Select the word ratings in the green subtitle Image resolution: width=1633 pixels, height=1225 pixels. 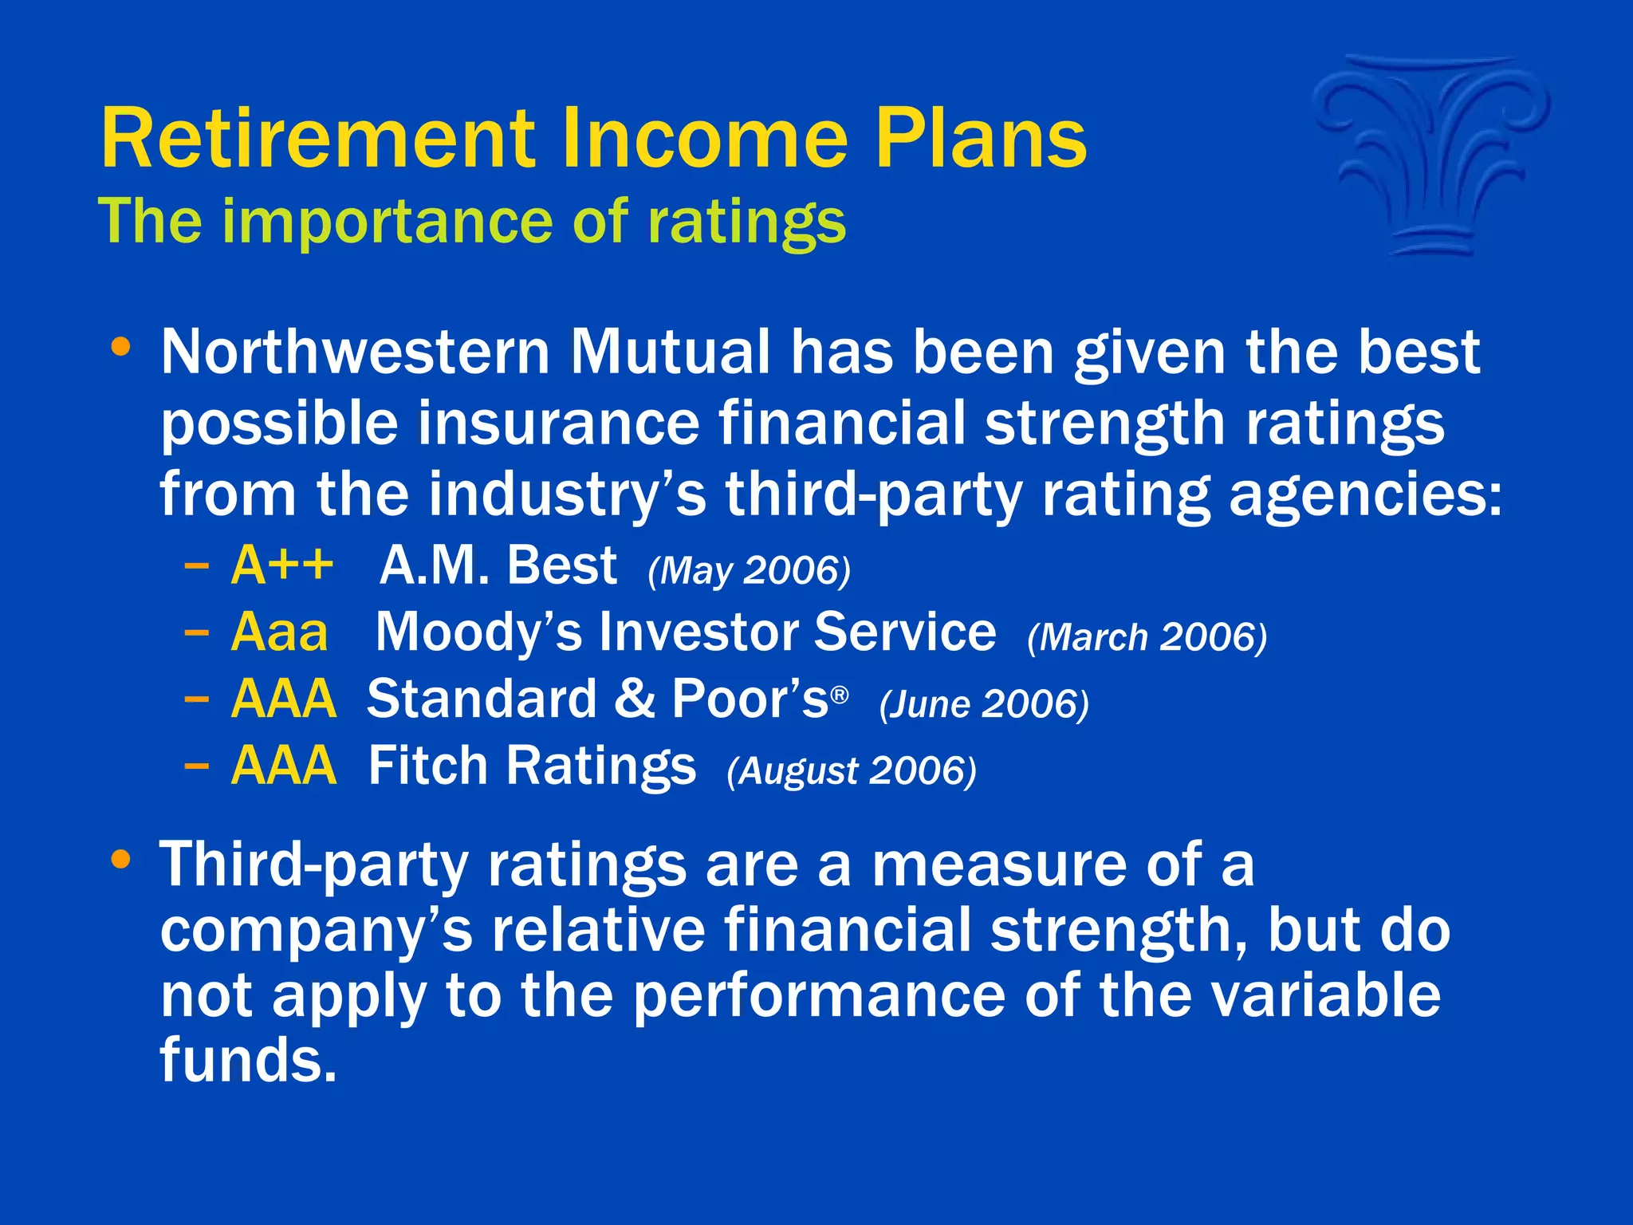[746, 223]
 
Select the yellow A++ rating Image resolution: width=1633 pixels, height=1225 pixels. [281, 565]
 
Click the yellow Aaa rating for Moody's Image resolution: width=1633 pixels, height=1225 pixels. [279, 632]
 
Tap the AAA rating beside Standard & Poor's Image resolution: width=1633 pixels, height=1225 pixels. [283, 699]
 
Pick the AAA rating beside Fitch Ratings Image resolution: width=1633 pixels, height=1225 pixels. [283, 766]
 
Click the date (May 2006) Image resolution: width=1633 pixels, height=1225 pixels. [749, 571]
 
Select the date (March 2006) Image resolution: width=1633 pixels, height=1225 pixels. [1147, 637]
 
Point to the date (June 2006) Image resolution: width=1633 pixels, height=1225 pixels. [983, 704]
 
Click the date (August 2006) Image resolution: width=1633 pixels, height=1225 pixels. [851, 771]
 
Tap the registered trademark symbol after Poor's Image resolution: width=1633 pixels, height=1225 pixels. [839, 695]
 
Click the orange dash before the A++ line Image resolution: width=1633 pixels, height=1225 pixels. [196, 567]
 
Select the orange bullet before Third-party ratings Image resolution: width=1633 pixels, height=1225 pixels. [120, 860]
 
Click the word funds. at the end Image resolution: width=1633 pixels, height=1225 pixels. [248, 1061]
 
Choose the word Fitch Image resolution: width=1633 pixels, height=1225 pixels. [427, 766]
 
